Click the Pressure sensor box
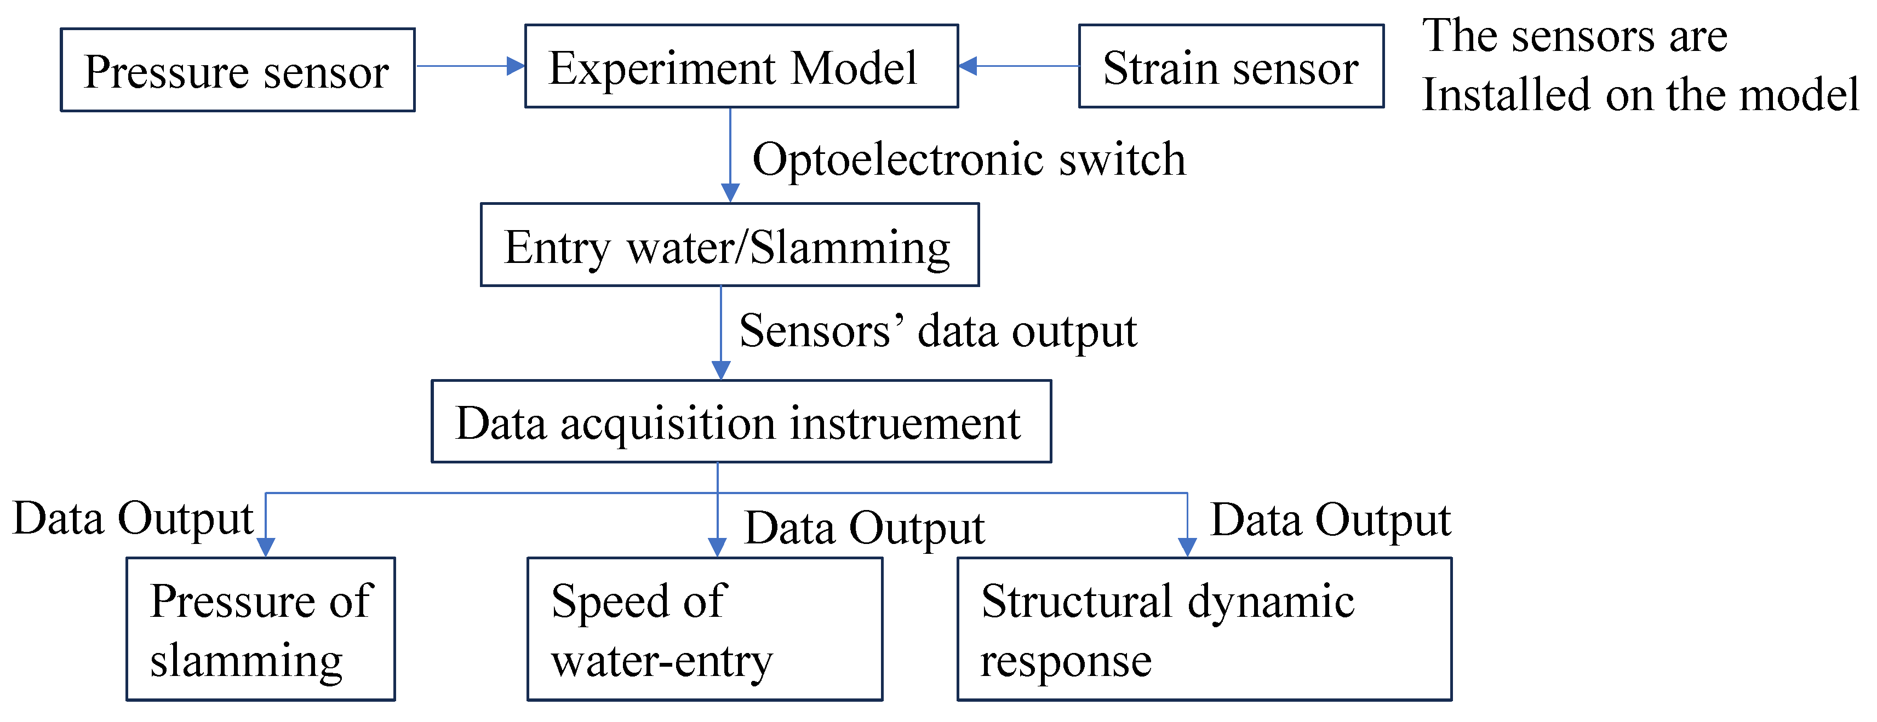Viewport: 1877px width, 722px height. pyautogui.click(x=238, y=70)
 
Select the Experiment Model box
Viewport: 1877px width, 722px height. pyautogui.click(x=741, y=66)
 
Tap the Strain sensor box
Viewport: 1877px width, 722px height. pyautogui.click(x=1231, y=66)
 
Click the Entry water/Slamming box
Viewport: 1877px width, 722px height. pyautogui.click(x=729, y=245)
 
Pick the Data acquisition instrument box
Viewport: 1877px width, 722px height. pyautogui.click(x=741, y=421)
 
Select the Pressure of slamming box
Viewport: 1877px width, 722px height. pyautogui.click(x=261, y=629)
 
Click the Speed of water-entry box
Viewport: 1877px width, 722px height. pyautogui.click(x=705, y=629)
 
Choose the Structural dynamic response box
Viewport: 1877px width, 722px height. pyautogui.click(x=1204, y=629)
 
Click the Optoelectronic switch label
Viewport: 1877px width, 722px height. pyautogui.click(x=969, y=159)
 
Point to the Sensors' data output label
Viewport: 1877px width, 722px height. pyautogui.click(x=938, y=331)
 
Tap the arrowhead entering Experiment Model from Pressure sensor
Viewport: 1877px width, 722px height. pyautogui.click(x=516, y=66)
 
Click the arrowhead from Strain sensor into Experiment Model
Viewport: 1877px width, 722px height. pyautogui.click(x=968, y=66)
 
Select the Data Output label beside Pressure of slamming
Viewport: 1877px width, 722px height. pyautogui.click(x=133, y=519)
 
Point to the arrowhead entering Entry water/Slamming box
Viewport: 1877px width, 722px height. pyautogui.click(x=730, y=193)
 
